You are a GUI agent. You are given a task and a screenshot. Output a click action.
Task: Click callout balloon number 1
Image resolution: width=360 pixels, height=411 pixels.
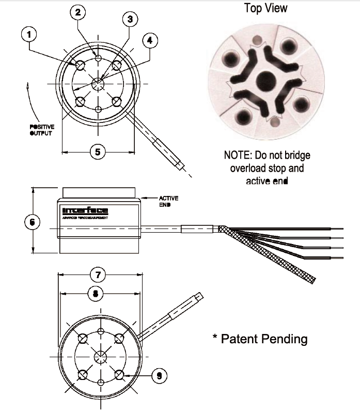[28, 35]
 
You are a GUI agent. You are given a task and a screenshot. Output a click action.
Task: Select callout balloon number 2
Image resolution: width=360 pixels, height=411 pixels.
[78, 12]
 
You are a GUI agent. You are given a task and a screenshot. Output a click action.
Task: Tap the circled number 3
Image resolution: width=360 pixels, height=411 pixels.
[130, 20]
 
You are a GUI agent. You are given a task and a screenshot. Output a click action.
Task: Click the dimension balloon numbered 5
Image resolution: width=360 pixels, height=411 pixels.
[98, 151]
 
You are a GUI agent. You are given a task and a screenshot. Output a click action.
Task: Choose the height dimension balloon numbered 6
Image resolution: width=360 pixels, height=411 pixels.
[33, 222]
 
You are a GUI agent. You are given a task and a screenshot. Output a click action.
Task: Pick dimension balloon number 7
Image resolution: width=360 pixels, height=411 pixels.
[98, 273]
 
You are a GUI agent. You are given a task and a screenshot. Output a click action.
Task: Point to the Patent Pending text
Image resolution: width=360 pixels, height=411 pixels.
[264, 339]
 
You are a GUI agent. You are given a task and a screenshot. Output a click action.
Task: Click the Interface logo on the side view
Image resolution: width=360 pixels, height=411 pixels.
[85, 210]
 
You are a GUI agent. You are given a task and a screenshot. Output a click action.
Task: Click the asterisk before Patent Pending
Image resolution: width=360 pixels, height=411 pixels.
[215, 337]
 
